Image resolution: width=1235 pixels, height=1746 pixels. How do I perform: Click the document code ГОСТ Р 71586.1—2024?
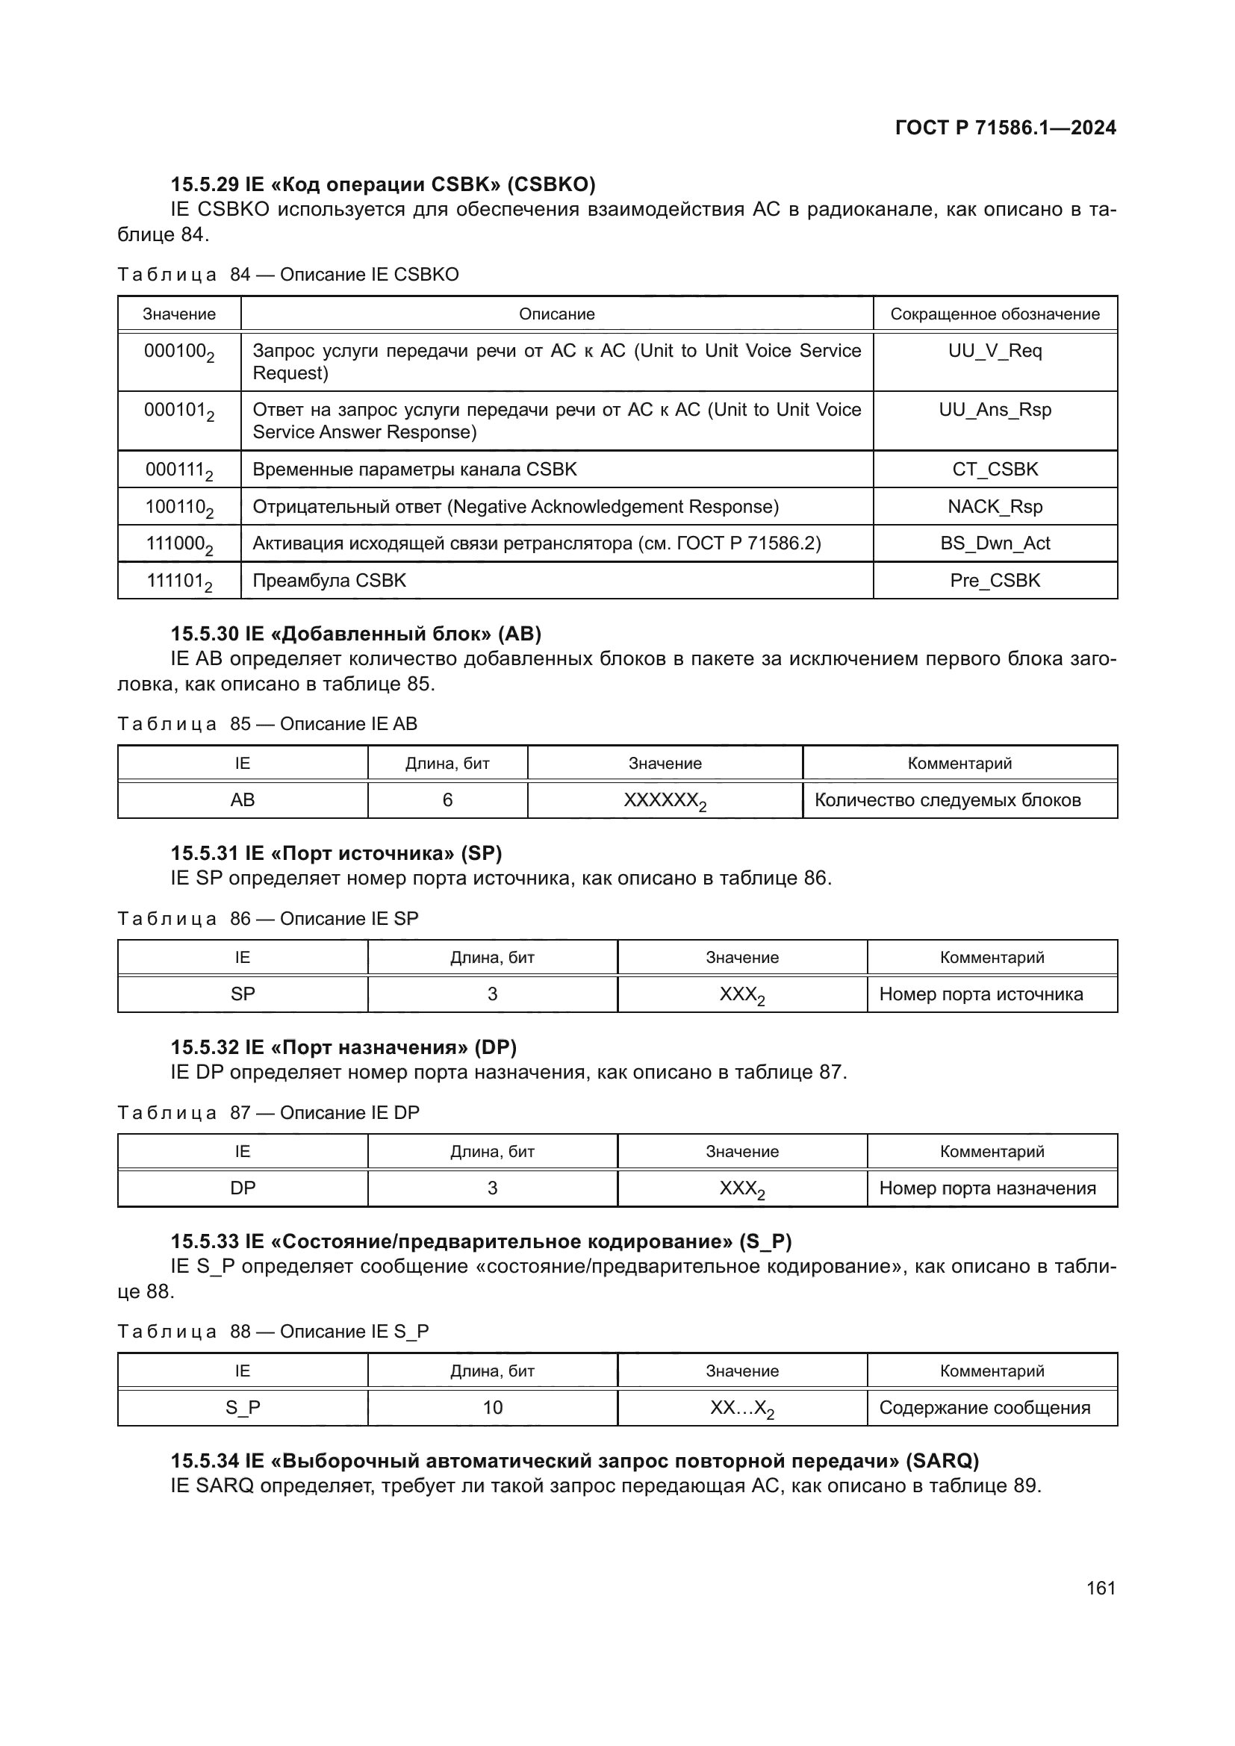pyautogui.click(x=1005, y=128)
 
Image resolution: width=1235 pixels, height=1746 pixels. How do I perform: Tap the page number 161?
pyautogui.click(x=1101, y=1588)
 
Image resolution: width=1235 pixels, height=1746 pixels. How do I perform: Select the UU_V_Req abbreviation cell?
pyautogui.click(x=995, y=351)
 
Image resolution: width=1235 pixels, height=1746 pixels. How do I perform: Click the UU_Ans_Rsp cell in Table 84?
pyautogui.click(x=995, y=410)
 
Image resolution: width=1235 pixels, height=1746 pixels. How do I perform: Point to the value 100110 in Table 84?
pyautogui.click(x=178, y=507)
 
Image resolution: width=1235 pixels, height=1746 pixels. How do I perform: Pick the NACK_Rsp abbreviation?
pyautogui.click(x=995, y=506)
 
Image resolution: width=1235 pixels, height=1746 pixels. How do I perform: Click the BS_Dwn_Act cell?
pyautogui.click(x=995, y=543)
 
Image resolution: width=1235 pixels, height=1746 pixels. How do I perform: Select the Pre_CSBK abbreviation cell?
pyautogui.click(x=995, y=580)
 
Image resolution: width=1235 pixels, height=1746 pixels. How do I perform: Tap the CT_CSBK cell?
pyautogui.click(x=995, y=470)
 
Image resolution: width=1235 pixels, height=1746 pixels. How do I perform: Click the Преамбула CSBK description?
pyautogui.click(x=329, y=580)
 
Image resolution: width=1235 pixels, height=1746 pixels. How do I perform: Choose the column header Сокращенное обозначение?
pyautogui.click(x=995, y=314)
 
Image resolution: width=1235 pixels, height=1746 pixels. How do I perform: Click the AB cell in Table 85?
pyautogui.click(x=243, y=800)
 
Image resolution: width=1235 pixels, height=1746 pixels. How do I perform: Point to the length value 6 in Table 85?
pyautogui.click(x=447, y=800)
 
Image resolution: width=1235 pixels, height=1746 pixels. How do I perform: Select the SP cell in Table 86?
pyautogui.click(x=243, y=994)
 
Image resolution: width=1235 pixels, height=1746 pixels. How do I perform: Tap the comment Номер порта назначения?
pyautogui.click(x=987, y=1188)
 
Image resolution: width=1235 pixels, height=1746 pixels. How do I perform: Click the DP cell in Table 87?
pyautogui.click(x=243, y=1188)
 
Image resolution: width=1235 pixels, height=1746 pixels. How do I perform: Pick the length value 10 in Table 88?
pyautogui.click(x=492, y=1408)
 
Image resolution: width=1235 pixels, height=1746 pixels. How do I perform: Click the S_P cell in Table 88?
pyautogui.click(x=243, y=1408)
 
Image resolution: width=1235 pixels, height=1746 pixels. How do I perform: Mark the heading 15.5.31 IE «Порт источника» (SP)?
pyautogui.click(x=336, y=853)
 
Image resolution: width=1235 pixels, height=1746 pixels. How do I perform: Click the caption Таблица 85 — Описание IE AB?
pyautogui.click(x=268, y=724)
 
